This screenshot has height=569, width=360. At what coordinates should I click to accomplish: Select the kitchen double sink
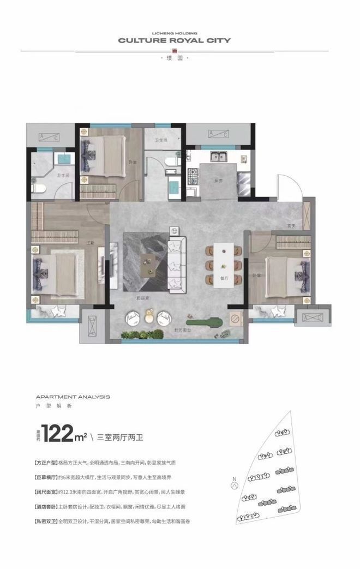point(220,157)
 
